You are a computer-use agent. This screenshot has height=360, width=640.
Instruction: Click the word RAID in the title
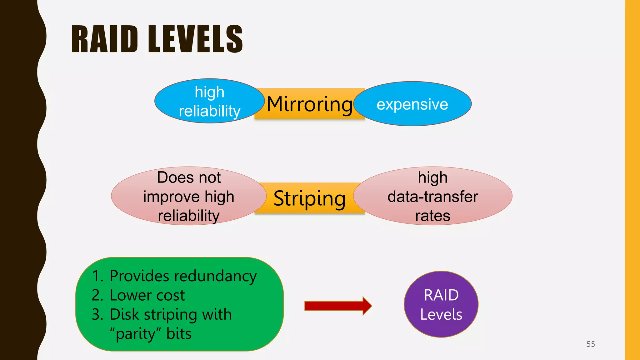(104, 39)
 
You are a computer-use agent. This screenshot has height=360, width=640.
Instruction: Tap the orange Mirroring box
(309, 104)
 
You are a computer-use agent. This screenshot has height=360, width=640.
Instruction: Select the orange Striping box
(309, 198)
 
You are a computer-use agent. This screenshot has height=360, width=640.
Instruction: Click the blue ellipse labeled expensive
(412, 104)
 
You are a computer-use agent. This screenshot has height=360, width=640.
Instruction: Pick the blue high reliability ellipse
(209, 101)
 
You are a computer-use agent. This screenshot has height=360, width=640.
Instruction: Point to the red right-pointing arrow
(337, 306)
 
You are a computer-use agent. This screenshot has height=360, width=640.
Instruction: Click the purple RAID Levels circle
(441, 304)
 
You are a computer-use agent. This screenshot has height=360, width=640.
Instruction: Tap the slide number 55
(591, 344)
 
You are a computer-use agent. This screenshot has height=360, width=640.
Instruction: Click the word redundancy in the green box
(215, 277)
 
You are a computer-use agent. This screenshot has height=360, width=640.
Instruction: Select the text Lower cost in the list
(147, 295)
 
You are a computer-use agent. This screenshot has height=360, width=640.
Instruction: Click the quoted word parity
(136, 334)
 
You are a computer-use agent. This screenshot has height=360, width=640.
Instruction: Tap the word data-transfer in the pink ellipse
(433, 197)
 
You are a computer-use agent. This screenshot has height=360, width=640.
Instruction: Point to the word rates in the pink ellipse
(433, 216)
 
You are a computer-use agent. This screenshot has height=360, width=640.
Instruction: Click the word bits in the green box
(179, 334)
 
